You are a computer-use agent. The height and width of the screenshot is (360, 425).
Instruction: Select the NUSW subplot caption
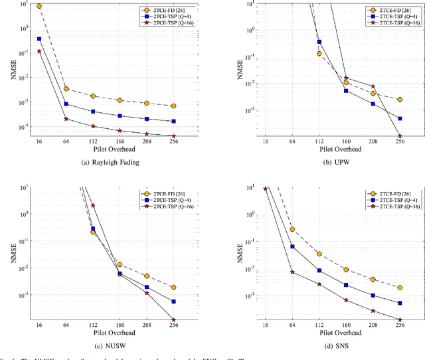pos(108,346)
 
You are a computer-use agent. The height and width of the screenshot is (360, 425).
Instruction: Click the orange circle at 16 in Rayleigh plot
pos(39,6)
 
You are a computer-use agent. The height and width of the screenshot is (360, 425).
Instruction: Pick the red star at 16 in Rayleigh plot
pos(39,51)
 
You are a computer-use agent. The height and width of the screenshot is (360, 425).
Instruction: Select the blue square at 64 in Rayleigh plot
pos(66,104)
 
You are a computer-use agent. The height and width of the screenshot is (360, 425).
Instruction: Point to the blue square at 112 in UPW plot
pos(319,41)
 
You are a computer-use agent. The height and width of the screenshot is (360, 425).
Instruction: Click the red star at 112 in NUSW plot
pos(93,206)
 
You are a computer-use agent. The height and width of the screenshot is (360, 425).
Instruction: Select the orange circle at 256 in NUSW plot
pos(173,287)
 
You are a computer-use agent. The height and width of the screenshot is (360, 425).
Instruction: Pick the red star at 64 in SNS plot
pos(292,272)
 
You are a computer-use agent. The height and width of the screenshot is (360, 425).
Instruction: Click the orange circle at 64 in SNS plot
pos(292,229)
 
